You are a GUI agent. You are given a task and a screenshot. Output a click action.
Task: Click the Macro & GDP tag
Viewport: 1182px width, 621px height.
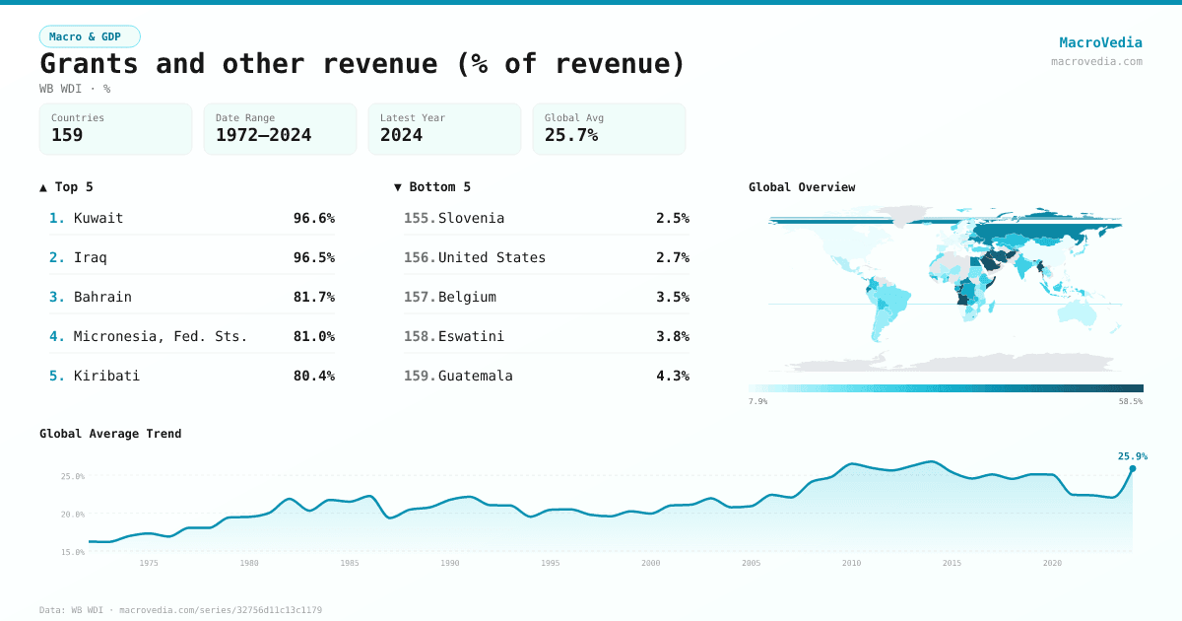(x=90, y=36)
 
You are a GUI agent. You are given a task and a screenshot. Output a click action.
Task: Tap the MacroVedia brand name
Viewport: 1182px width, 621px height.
(x=1100, y=42)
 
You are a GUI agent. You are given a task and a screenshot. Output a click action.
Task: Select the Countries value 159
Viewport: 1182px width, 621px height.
(x=67, y=135)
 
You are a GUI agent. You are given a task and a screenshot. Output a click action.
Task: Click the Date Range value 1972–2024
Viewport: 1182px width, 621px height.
(x=263, y=135)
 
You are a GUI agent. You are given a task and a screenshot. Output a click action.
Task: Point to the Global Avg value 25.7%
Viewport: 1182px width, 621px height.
(x=571, y=135)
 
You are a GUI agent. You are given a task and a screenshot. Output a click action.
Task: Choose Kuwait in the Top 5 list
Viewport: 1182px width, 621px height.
(x=98, y=218)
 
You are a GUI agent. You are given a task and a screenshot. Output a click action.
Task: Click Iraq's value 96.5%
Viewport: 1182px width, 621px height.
(x=313, y=257)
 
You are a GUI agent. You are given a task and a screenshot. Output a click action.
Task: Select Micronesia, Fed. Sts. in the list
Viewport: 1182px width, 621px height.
(x=161, y=336)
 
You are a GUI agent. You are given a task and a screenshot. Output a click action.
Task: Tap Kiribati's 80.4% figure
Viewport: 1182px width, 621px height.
(x=313, y=376)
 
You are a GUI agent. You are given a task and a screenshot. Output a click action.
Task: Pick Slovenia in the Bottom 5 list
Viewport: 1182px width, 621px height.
(x=471, y=218)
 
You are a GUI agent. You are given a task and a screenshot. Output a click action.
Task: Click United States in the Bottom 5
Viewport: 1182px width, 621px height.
(x=492, y=257)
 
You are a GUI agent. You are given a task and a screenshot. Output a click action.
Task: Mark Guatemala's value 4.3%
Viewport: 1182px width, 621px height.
(x=672, y=376)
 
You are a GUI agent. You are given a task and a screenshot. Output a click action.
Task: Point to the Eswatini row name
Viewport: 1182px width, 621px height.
(x=471, y=336)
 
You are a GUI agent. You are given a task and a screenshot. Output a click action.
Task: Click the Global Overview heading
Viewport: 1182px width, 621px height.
(x=802, y=187)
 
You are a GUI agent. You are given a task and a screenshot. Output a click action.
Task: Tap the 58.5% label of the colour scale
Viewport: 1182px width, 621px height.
(x=1131, y=401)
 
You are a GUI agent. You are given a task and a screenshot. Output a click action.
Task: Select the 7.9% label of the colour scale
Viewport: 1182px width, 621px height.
(x=757, y=401)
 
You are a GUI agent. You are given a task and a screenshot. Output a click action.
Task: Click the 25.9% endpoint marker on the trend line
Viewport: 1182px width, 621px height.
(x=1132, y=468)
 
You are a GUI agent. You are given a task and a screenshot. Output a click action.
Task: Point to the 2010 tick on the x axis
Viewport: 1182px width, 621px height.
(x=851, y=563)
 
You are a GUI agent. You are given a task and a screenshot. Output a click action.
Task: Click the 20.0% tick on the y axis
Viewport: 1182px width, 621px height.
(x=73, y=515)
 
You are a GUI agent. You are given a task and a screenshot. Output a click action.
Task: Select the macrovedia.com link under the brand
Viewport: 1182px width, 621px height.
(x=1096, y=61)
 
